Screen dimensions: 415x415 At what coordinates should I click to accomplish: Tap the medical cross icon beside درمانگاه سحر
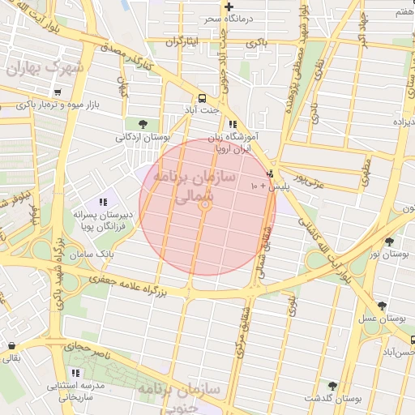click(x=229, y=6)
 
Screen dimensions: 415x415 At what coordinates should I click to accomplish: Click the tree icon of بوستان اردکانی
click(x=143, y=124)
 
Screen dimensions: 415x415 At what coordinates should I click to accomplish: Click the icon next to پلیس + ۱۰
click(x=270, y=173)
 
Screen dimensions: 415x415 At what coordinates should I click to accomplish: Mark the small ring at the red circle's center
click(x=206, y=207)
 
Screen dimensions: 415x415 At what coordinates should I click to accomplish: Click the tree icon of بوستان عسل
click(x=382, y=306)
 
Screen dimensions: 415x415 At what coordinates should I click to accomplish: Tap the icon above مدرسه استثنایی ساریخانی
click(x=75, y=374)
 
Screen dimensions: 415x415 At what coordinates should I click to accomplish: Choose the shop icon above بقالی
click(x=11, y=344)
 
